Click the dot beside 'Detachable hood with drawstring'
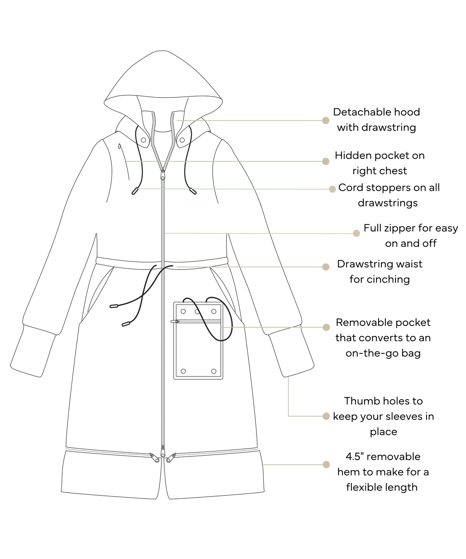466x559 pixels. pos(326,120)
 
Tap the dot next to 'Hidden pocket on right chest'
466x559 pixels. pos(326,161)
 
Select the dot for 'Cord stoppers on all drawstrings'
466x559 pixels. pos(332,189)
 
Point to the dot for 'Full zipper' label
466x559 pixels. pos(356,233)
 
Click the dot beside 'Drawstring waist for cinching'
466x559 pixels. pos(326,267)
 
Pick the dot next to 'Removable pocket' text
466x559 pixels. pos(326,327)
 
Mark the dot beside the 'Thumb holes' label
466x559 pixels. pos(326,416)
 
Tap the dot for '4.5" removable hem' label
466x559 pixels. pos(326,465)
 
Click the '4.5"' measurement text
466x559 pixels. pos(355,456)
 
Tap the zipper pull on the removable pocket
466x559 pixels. pos(176,321)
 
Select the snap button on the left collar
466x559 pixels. pos(143,140)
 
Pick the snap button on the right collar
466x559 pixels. pos(182,140)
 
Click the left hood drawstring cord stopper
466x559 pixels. pos(135,191)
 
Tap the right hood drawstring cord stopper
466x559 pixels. pos(193,191)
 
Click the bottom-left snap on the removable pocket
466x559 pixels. pos(183,371)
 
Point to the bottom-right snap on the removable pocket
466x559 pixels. pos(213,371)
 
